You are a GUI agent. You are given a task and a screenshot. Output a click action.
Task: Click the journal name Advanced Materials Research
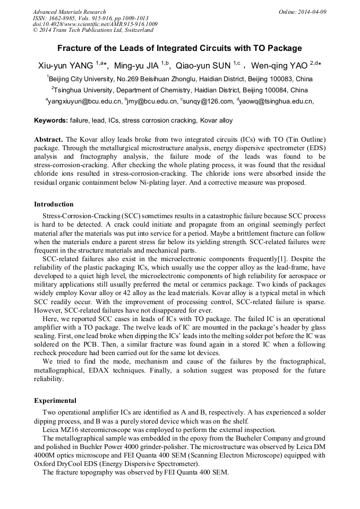pyautogui.click(x=69, y=12)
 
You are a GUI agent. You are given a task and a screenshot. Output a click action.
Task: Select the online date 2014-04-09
pyautogui.click(x=312, y=12)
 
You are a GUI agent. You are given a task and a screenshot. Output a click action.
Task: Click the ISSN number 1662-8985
pyautogui.click(x=64, y=18)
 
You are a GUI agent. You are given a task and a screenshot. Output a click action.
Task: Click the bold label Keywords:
pyautogui.click(x=50, y=120)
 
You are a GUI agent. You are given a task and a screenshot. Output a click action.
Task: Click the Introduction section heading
pyautogui.click(x=54, y=204)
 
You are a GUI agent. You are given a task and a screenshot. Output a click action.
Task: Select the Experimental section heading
pyautogui.click(x=55, y=401)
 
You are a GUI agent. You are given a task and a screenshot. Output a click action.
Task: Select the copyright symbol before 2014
pyautogui.click(x=35, y=31)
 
